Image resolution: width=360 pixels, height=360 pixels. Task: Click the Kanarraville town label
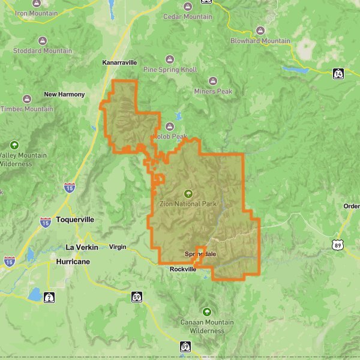pyautogui.click(x=120, y=62)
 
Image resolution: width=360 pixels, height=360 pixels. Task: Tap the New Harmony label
pyautogui.click(x=67, y=94)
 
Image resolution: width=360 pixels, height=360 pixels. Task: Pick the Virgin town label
pyautogui.click(x=118, y=247)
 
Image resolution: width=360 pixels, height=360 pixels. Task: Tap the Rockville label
pyautogui.click(x=182, y=269)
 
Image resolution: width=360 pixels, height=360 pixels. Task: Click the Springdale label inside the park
pyautogui.click(x=200, y=254)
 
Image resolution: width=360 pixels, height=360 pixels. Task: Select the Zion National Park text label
pyautogui.click(x=188, y=204)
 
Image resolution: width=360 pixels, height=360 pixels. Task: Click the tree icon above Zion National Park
pyautogui.click(x=188, y=193)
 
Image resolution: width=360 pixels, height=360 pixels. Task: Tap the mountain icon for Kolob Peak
pyautogui.click(x=169, y=127)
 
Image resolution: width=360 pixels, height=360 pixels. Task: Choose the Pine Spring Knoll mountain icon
pyautogui.click(x=170, y=59)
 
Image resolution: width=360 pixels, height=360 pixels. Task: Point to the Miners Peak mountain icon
pyautogui.click(x=212, y=81)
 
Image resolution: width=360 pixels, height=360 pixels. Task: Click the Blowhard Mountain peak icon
pyautogui.click(x=260, y=31)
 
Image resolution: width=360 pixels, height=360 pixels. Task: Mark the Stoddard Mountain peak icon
pyautogui.click(x=42, y=41)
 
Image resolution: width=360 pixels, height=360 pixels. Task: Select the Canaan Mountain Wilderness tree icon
pyautogui.click(x=207, y=311)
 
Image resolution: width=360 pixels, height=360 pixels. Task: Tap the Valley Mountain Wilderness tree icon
pyautogui.click(x=14, y=145)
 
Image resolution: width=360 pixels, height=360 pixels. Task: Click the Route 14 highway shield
pyautogui.click(x=339, y=73)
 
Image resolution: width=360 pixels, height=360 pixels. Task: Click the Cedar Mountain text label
pyautogui.click(x=187, y=17)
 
